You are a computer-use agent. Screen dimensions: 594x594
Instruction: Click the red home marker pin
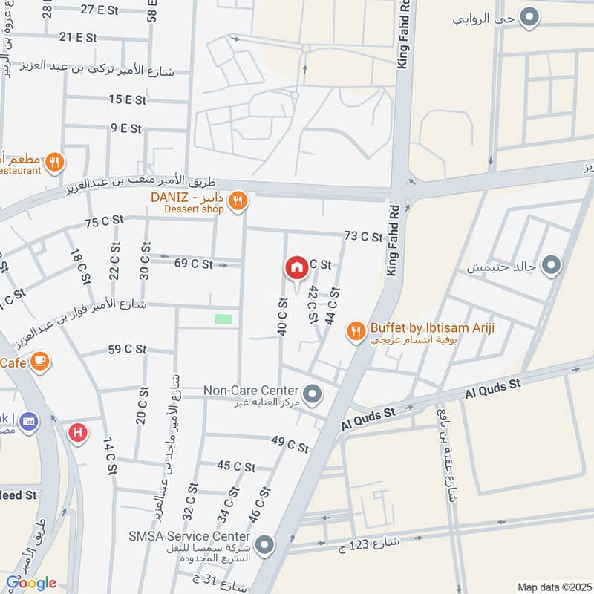(x=297, y=267)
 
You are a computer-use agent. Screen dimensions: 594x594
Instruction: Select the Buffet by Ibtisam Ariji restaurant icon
(x=356, y=331)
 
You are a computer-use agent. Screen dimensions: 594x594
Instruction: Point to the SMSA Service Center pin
(x=265, y=545)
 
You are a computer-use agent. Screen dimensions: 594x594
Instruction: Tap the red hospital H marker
(x=76, y=432)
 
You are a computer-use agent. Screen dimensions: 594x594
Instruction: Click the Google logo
(x=31, y=583)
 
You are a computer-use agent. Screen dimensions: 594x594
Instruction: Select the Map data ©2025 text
(x=552, y=587)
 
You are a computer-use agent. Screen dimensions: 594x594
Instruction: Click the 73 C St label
(x=363, y=237)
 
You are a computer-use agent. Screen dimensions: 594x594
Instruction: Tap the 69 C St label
(x=193, y=264)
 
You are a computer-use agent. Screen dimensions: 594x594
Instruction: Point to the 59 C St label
(x=126, y=349)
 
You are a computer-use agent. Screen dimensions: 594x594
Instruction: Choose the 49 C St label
(x=290, y=446)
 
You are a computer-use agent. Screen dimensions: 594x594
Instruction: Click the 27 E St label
(x=99, y=10)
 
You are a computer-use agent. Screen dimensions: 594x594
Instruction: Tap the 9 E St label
(x=126, y=128)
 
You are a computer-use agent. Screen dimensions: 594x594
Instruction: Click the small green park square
(x=223, y=319)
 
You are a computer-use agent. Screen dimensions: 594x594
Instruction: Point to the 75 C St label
(x=102, y=223)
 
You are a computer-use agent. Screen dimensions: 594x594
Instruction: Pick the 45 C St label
(x=236, y=466)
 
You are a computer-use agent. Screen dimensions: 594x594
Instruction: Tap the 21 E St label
(x=78, y=36)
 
